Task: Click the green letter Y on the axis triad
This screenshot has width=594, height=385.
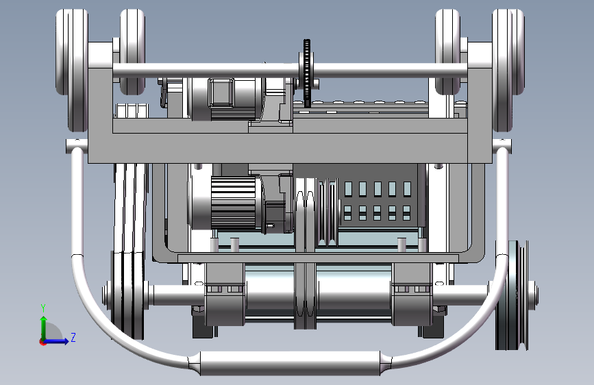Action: point(43,308)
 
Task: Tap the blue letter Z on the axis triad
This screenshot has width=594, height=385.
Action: point(73,337)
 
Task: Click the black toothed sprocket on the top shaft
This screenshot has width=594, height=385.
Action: point(306,73)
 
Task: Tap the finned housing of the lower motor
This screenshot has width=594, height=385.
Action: point(234,203)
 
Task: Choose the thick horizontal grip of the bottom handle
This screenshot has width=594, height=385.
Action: point(290,363)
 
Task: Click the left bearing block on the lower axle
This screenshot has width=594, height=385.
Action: point(224,295)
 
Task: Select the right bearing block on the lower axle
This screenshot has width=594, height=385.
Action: point(411,295)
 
